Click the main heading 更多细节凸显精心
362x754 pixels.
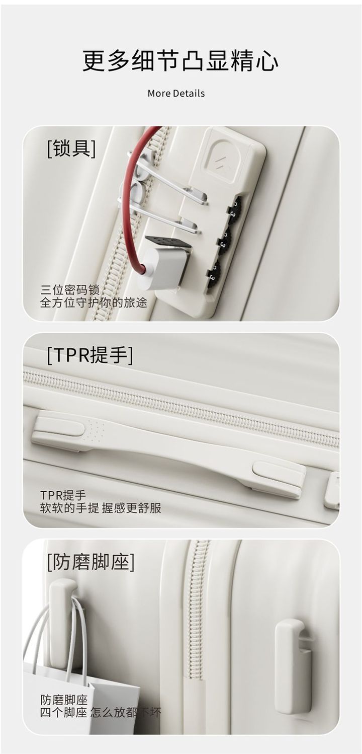pyautogui.click(x=180, y=60)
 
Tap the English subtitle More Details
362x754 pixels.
pyautogui.click(x=176, y=93)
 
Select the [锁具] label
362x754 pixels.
pyautogui.click(x=71, y=148)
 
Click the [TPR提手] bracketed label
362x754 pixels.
pyautogui.click(x=90, y=355)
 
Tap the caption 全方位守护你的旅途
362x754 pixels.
pyautogui.click(x=94, y=303)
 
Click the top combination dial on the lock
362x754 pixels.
pyautogui.click(x=236, y=208)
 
